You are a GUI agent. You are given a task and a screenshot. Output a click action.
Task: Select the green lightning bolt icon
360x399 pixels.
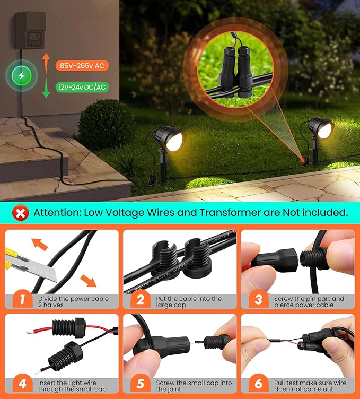pyautogui.click(x=21, y=76)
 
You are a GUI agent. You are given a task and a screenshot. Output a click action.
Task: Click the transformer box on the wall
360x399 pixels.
pyautogui.click(x=31, y=31)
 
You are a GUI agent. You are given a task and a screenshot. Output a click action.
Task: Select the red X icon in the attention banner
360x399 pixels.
pyautogui.click(x=21, y=213)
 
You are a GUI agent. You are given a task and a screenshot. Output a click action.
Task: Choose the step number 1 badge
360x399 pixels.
pyautogui.click(x=22, y=300)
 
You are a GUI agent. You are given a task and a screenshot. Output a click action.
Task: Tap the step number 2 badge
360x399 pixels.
pyautogui.click(x=140, y=300)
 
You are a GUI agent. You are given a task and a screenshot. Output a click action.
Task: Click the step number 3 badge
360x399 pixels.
pyautogui.click(x=258, y=300)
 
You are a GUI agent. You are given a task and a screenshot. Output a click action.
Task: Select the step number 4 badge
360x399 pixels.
pyautogui.click(x=22, y=384)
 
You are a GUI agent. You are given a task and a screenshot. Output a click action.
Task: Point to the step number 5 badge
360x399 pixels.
pyautogui.click(x=140, y=384)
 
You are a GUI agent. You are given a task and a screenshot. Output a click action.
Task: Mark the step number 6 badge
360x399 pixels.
pyautogui.click(x=258, y=384)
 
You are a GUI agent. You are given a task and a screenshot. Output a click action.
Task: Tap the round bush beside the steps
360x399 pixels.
pyautogui.click(x=106, y=125)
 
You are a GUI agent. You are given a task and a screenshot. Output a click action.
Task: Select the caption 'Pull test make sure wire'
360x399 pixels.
pyautogui.click(x=311, y=382)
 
